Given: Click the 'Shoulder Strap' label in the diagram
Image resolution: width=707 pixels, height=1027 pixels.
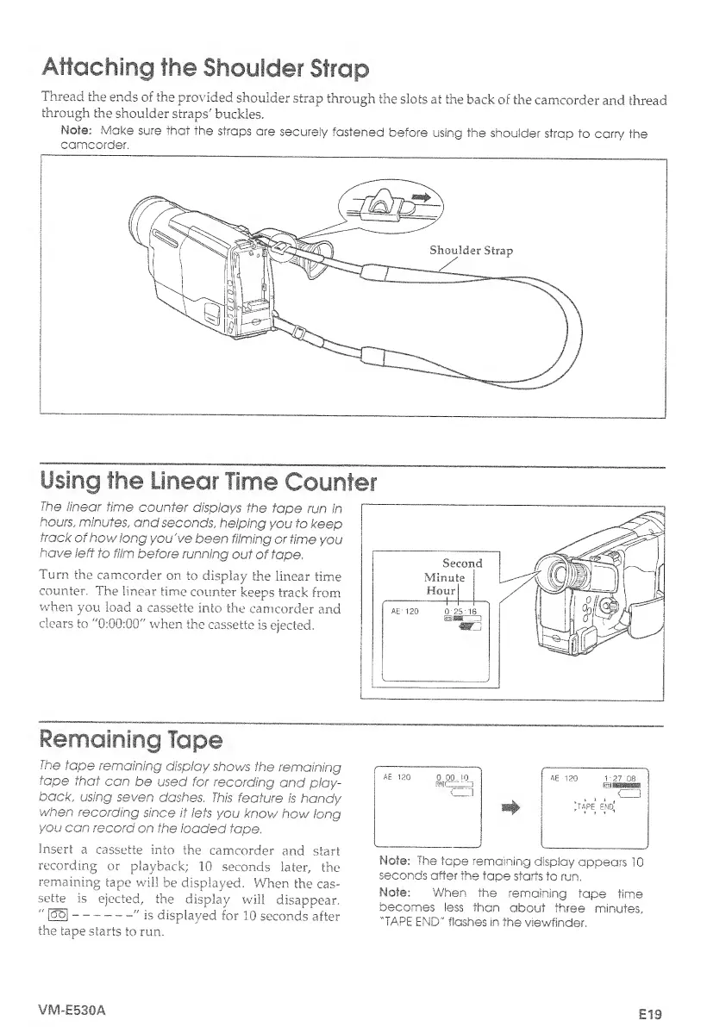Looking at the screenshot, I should [x=471, y=252].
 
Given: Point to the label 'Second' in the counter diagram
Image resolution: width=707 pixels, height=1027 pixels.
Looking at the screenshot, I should [x=461, y=563].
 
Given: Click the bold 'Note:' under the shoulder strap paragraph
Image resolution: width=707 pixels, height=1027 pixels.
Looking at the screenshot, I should [x=65, y=130].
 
